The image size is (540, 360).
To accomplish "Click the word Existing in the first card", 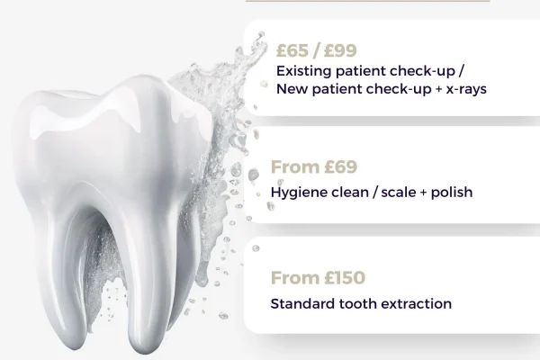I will click(x=303, y=70).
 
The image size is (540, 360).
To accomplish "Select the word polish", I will click(x=451, y=192).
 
